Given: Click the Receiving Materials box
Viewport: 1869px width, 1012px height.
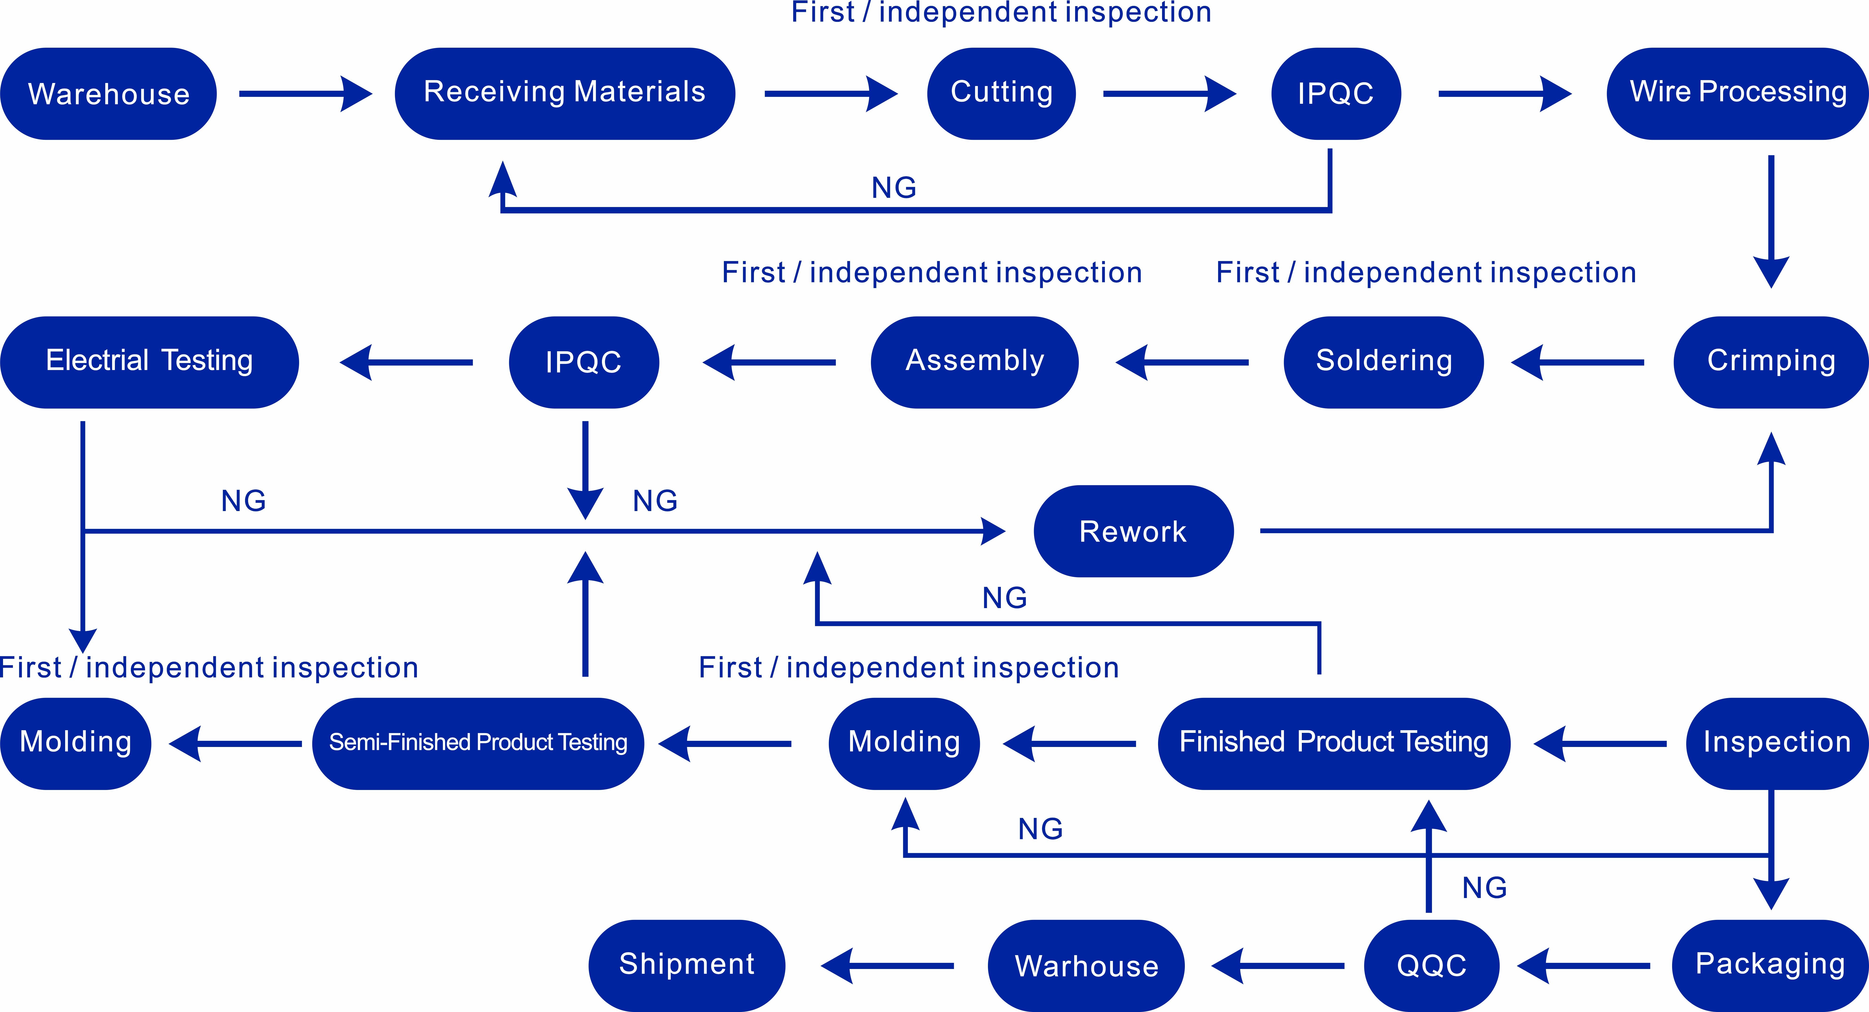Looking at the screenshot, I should point(565,94).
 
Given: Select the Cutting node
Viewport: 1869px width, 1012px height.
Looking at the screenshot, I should point(1001,94).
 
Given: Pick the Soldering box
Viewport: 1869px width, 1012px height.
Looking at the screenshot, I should point(1384,362).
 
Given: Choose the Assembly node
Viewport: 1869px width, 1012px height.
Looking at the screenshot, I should point(974,362).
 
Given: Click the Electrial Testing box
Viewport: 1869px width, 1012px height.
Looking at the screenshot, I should point(149,362).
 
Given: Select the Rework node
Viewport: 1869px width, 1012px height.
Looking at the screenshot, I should point(1133,531).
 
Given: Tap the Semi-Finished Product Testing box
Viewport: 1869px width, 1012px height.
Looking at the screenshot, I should point(478,744).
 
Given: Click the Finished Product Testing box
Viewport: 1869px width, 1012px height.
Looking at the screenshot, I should point(1334,744).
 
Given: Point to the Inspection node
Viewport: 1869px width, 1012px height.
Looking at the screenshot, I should point(1776,744).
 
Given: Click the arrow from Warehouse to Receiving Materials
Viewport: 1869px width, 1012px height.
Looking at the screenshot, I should point(305,94).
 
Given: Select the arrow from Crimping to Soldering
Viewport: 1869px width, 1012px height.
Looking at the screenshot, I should point(1578,362).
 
